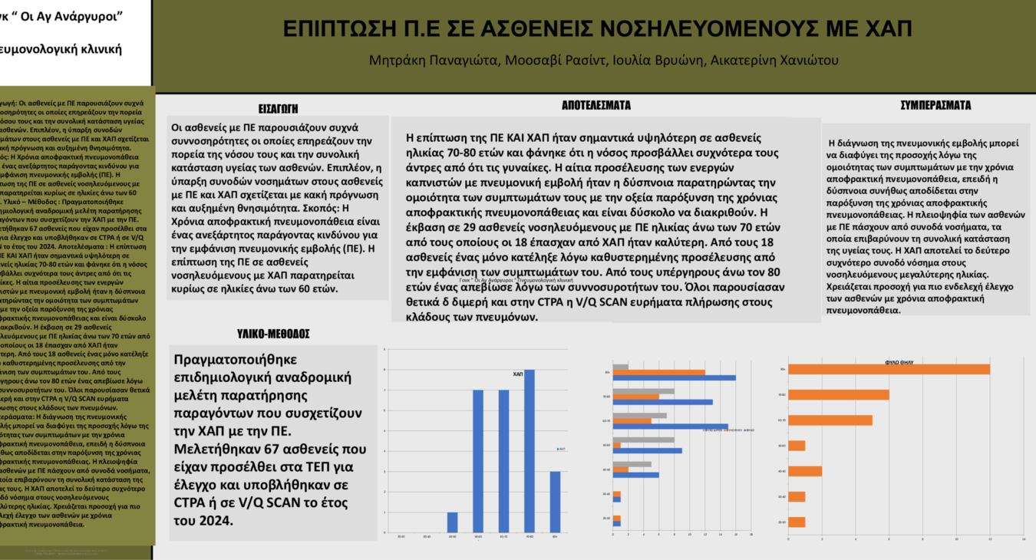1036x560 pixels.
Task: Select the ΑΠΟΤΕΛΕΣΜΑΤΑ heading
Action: pos(596,106)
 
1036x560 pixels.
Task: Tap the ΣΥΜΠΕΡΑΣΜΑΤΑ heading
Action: pos(935,106)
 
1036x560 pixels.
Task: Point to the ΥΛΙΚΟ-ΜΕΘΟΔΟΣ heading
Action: pos(273,334)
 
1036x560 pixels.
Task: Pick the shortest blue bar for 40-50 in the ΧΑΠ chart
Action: pos(452,522)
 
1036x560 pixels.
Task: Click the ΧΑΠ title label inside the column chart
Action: pos(517,374)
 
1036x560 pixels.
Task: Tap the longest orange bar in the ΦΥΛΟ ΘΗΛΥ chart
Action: pos(889,370)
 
